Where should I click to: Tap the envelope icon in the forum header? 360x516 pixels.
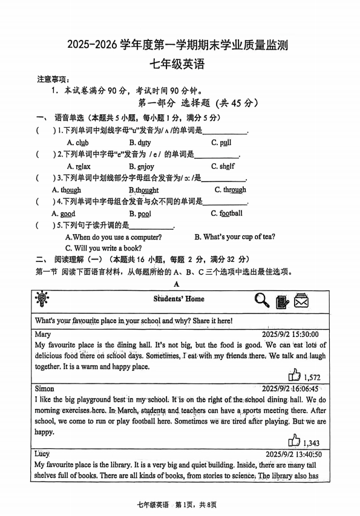[301, 301]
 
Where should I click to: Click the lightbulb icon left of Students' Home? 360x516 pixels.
[43, 299]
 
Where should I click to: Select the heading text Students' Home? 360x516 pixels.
[178, 299]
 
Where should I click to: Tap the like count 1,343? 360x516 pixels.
[312, 443]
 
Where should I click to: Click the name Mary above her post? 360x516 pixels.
[43, 334]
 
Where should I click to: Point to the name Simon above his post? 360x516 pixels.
[45, 388]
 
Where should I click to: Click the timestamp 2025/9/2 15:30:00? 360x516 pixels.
[289, 334]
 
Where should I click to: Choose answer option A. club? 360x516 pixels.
[77, 143]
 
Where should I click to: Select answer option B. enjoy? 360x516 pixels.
[141, 166]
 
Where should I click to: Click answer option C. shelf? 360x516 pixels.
[223, 166]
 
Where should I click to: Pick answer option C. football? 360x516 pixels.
[226, 214]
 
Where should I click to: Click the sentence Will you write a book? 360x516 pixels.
[103, 248]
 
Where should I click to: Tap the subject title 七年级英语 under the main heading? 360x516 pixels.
[179, 62]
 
